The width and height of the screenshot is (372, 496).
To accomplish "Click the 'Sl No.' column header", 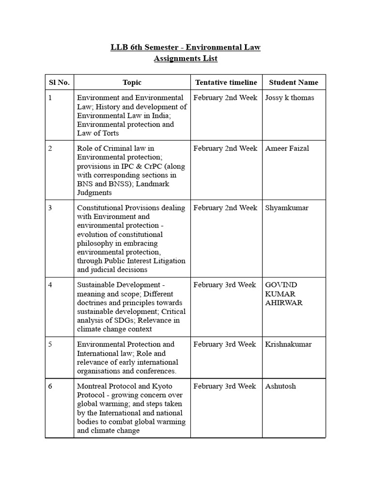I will (x=59, y=83).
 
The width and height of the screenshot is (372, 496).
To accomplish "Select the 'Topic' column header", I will (x=132, y=83).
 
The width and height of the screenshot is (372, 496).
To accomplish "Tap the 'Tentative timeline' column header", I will (x=226, y=83).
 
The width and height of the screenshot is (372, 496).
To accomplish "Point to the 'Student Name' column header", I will (x=294, y=83).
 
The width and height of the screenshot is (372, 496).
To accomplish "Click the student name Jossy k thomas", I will (x=290, y=98).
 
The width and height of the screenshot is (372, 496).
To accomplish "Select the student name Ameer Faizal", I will (x=287, y=148).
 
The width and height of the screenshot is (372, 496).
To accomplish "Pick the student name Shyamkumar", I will (x=287, y=208).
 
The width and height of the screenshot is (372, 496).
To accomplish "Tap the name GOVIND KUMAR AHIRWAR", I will (x=283, y=294).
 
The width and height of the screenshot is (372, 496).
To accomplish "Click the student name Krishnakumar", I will (x=288, y=344).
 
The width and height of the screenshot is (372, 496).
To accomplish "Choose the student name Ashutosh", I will (x=280, y=386).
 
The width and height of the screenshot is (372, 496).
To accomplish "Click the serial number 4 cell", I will (x=50, y=285).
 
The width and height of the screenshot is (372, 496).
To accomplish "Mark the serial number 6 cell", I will (x=50, y=386).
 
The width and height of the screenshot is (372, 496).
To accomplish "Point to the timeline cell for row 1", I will (x=225, y=98).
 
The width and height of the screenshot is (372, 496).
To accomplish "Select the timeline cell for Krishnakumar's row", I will (x=225, y=344).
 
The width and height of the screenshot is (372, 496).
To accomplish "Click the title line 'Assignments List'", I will (x=186, y=59).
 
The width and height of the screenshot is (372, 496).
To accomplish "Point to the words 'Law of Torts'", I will (x=98, y=133).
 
